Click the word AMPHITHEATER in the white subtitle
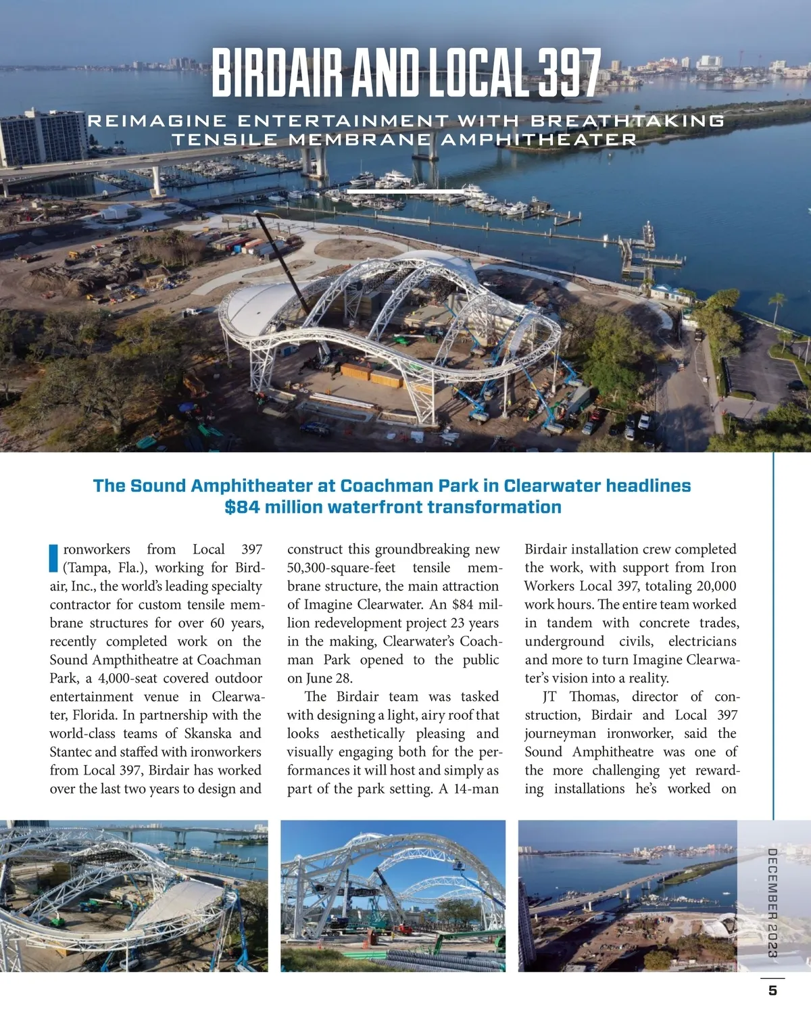539,140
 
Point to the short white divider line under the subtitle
405,192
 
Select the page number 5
772,991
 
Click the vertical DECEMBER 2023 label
772,903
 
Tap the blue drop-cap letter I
54,558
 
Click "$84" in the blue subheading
242,508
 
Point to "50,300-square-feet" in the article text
341,568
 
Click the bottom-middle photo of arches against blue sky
393,895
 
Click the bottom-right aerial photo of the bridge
627,895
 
